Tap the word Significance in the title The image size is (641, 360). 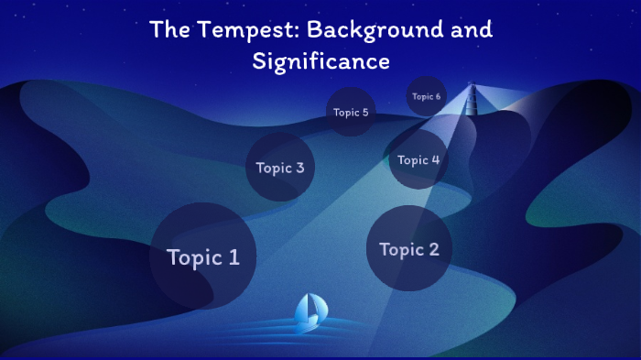point(320,61)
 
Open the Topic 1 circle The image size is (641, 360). point(202,256)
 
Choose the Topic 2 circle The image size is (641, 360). point(408,248)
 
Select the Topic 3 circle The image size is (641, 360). point(280,168)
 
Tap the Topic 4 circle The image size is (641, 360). point(418,160)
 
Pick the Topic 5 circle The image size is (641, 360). point(351,113)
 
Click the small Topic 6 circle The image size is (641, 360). point(426,96)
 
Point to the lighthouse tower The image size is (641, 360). point(473,110)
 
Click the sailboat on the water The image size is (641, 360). point(310,312)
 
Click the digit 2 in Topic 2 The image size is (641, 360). point(433,249)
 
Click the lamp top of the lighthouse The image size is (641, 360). point(473,88)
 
